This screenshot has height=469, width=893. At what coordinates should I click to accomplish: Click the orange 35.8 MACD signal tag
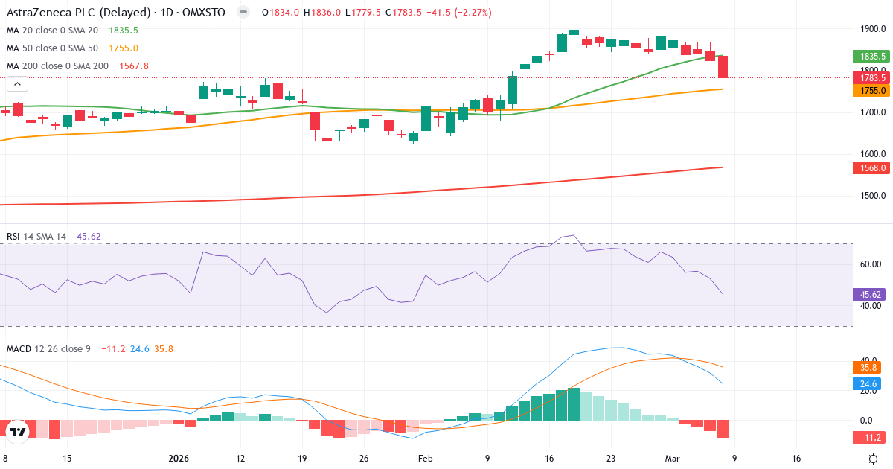[868, 367]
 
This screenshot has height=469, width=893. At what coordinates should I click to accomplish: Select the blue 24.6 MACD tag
[868, 384]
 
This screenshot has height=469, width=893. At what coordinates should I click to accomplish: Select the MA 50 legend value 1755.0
[124, 48]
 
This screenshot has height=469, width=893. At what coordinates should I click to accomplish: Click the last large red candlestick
[723, 67]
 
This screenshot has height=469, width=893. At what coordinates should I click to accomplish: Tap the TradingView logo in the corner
[17, 432]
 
